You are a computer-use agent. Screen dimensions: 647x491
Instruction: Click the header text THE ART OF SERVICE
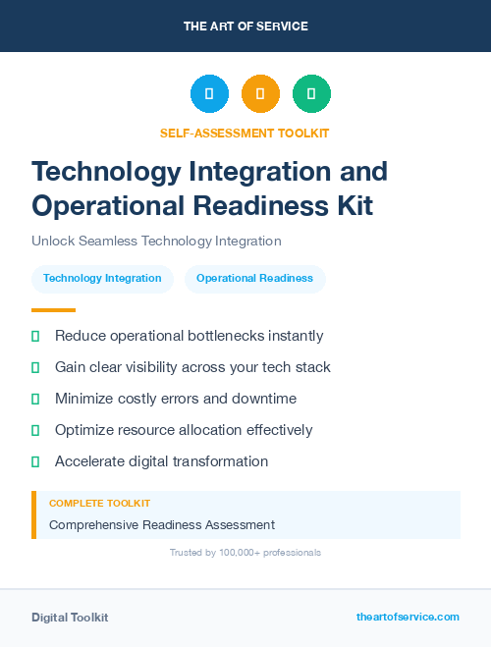click(x=245, y=27)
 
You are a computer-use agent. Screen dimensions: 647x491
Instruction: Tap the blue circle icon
click(x=209, y=94)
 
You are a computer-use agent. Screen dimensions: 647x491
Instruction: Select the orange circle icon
click(x=260, y=94)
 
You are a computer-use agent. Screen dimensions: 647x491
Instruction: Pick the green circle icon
click(x=311, y=94)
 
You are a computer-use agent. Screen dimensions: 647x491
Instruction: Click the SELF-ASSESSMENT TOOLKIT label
click(x=245, y=133)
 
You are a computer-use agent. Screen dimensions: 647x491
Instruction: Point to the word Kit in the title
click(x=353, y=206)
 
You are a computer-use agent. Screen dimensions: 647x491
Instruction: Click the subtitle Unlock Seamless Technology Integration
click(x=156, y=241)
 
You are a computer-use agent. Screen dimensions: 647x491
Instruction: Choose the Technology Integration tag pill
click(x=102, y=279)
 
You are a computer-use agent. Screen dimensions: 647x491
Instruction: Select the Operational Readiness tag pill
click(x=254, y=279)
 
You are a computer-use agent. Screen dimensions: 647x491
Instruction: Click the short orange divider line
click(x=53, y=309)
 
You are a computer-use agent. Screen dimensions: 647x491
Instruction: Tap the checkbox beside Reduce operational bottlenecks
click(x=35, y=336)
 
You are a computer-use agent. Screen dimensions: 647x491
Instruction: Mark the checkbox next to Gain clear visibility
click(x=35, y=367)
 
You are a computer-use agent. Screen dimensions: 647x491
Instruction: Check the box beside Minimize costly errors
click(x=35, y=399)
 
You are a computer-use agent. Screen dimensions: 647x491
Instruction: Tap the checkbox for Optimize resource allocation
click(x=35, y=430)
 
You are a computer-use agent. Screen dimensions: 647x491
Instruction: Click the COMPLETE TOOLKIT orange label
click(x=99, y=503)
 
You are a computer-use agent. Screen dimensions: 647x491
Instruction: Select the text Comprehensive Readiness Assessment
click(x=162, y=525)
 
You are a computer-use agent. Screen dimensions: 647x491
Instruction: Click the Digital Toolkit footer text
click(x=70, y=618)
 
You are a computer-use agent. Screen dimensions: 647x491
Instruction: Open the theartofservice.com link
click(x=408, y=617)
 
